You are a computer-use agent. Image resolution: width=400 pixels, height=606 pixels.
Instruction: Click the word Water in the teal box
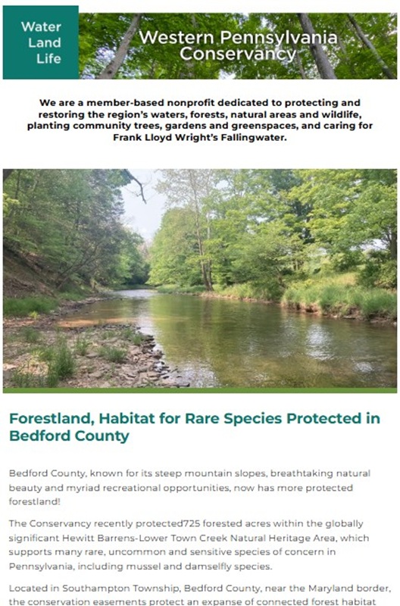click(x=41, y=27)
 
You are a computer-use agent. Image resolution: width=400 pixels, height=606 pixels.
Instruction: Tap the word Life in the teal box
click(x=48, y=59)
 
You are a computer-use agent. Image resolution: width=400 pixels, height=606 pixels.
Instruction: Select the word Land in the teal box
click(x=45, y=42)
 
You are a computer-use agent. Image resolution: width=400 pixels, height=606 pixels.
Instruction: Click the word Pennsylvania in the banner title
click(x=279, y=38)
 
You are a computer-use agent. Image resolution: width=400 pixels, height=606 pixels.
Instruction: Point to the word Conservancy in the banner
click(x=238, y=53)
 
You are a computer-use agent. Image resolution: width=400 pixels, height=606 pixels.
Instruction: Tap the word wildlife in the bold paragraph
click(x=342, y=114)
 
